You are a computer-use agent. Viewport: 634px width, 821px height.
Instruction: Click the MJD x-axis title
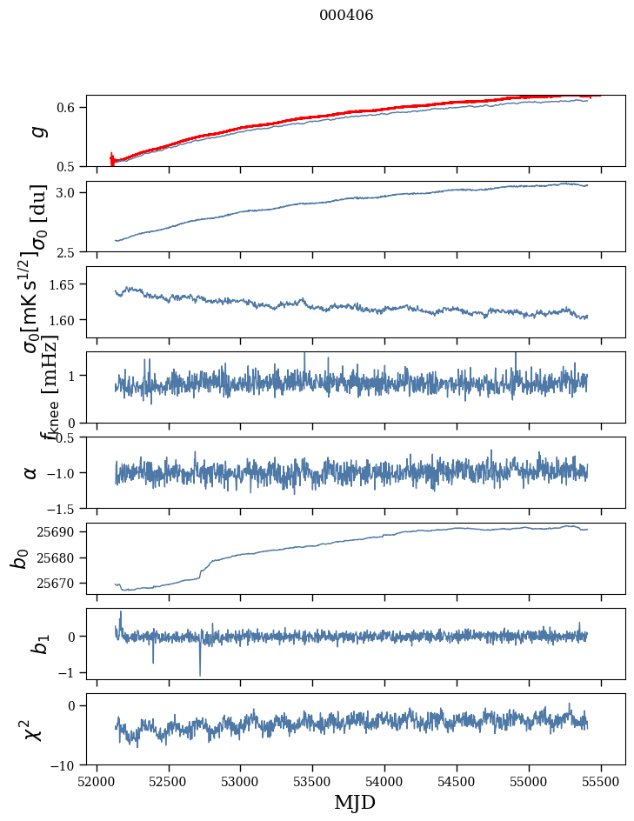355,803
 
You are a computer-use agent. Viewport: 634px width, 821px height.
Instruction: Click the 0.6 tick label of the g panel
69,107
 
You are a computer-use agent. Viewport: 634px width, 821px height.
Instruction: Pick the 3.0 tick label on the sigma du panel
69,192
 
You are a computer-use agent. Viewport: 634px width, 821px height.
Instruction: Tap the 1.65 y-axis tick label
65,284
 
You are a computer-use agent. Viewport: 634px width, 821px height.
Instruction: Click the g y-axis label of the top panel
37,131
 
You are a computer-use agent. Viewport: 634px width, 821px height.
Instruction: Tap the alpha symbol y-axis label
31,472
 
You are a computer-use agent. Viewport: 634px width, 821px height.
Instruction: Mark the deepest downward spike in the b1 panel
200,675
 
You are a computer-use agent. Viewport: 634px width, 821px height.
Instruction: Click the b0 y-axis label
19,558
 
